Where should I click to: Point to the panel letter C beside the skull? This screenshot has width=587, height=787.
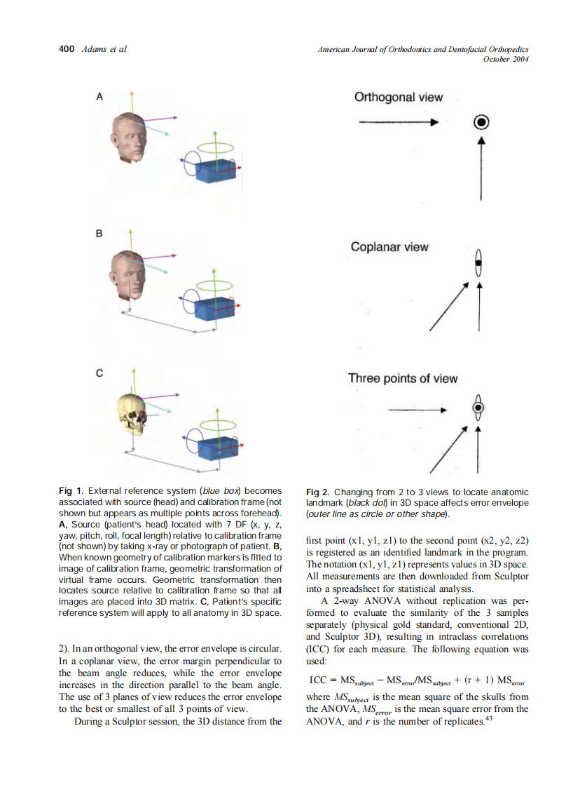99,373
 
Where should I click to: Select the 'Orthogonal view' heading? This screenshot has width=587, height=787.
399,97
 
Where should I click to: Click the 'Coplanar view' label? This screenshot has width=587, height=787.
389,247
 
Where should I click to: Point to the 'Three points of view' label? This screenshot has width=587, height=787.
403,379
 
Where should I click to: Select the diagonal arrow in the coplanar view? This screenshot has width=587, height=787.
447,307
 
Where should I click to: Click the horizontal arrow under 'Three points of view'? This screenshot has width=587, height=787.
416,409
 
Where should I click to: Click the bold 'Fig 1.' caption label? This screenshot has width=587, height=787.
71,491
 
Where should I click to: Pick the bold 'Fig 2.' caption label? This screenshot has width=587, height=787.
319,492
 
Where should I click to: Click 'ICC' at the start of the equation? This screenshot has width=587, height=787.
319,680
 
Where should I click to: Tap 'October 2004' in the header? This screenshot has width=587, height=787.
506,59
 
